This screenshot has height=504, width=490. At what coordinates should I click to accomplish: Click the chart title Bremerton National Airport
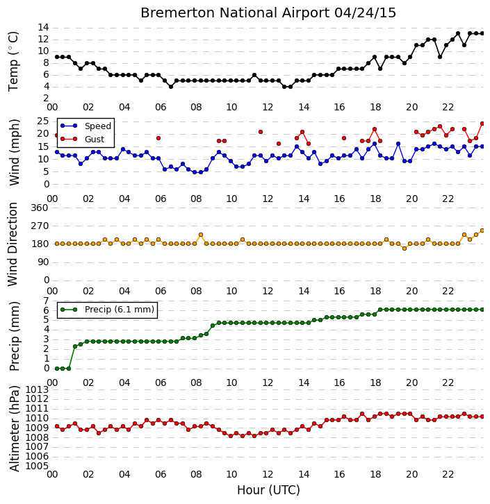click(235, 13)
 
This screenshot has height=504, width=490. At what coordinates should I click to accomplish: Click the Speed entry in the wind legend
click(98, 126)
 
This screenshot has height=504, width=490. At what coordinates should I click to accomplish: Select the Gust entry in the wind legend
click(95, 139)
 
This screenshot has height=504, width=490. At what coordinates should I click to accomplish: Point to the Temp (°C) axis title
click(13, 61)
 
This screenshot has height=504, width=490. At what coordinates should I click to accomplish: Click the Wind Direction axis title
click(13, 244)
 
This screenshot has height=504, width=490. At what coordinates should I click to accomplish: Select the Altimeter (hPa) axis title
click(14, 428)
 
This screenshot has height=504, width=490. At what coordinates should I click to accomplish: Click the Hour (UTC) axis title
click(268, 490)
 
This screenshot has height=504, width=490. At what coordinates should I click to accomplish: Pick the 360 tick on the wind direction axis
click(40, 208)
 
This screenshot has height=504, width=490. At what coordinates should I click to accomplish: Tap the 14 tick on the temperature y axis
click(43, 27)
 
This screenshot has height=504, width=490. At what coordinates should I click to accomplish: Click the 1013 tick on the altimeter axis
click(37, 390)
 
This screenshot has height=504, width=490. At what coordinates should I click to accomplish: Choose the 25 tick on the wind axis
click(43, 121)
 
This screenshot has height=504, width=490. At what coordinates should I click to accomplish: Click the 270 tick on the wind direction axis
click(40, 226)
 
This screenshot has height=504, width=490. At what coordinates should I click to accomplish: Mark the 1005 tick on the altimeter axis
click(37, 466)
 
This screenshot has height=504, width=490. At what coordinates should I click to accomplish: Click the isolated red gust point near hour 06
click(158, 138)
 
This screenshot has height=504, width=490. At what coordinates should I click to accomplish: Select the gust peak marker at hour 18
click(375, 129)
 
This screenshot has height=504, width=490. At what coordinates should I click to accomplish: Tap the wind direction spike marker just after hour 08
click(201, 235)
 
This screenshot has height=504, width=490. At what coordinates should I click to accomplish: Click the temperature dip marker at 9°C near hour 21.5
click(440, 57)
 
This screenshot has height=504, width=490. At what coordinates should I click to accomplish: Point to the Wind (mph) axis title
click(15, 152)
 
